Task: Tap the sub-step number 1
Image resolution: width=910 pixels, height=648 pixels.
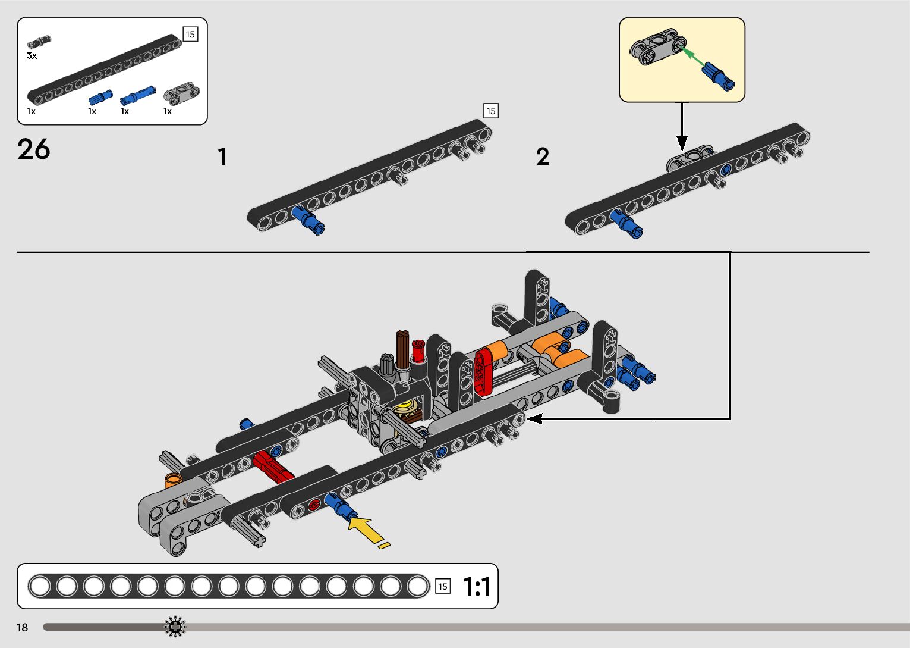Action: tap(222, 157)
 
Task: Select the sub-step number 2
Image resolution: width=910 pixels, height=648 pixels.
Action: tap(543, 157)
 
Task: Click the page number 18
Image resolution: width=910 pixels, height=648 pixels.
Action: tap(23, 628)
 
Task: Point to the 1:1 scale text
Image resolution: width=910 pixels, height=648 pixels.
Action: tap(477, 587)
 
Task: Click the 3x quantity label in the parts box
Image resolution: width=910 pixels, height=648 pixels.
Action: tap(32, 56)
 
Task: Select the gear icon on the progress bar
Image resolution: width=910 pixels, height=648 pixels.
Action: tap(175, 627)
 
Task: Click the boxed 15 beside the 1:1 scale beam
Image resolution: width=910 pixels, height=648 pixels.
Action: tap(443, 586)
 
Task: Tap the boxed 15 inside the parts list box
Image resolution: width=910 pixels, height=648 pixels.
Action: tap(190, 35)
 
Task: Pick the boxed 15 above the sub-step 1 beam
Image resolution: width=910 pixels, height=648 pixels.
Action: tap(491, 111)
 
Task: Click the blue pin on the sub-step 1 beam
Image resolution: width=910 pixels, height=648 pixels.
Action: tap(309, 219)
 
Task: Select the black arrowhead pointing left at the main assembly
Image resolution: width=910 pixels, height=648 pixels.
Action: tap(534, 419)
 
